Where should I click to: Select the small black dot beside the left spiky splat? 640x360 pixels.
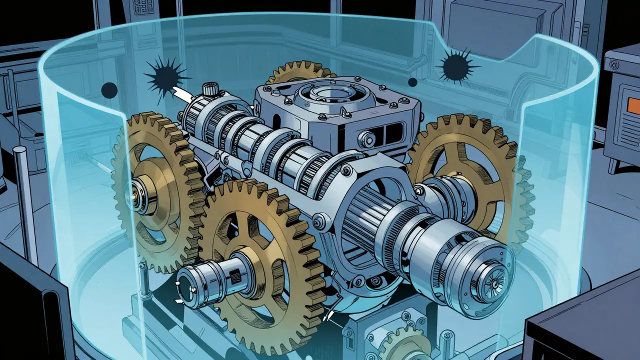coord(109,90)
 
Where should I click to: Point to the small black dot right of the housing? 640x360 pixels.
coord(412,82)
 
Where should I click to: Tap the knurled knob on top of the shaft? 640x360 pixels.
coord(209,90)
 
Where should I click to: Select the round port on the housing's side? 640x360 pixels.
coord(370,136)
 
